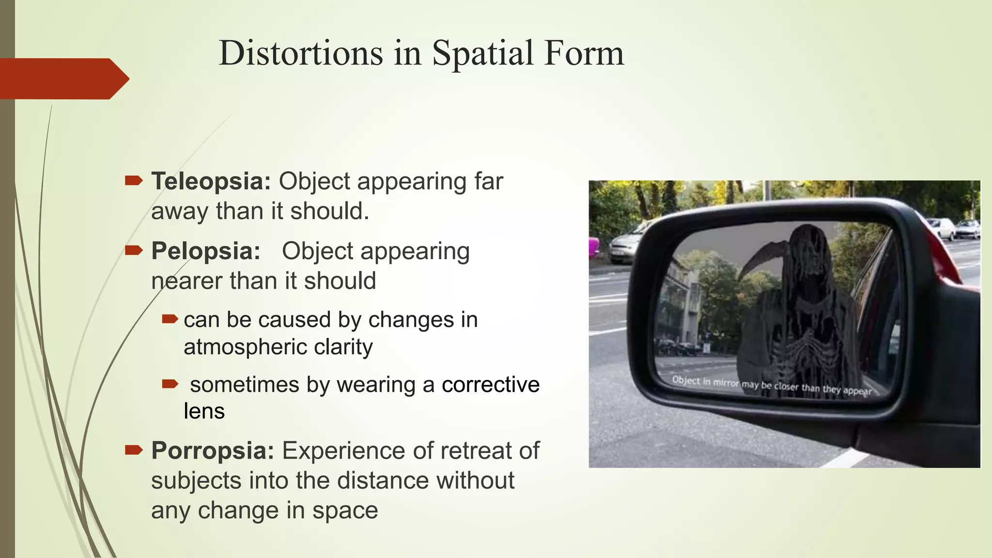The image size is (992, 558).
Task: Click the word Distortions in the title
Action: point(301,53)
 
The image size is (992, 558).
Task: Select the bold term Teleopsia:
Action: point(211,181)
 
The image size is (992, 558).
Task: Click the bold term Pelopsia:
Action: point(205,251)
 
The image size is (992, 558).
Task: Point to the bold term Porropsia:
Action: point(213,450)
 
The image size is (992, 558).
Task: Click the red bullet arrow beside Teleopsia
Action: point(133,181)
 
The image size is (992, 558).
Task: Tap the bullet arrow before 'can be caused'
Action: point(170,319)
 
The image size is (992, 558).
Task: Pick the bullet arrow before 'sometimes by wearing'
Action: point(170,384)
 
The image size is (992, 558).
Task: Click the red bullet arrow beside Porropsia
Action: point(133,450)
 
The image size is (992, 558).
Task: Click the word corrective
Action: point(490,385)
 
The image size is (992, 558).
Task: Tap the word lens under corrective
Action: point(204,411)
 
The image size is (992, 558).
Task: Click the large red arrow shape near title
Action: point(63,78)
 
